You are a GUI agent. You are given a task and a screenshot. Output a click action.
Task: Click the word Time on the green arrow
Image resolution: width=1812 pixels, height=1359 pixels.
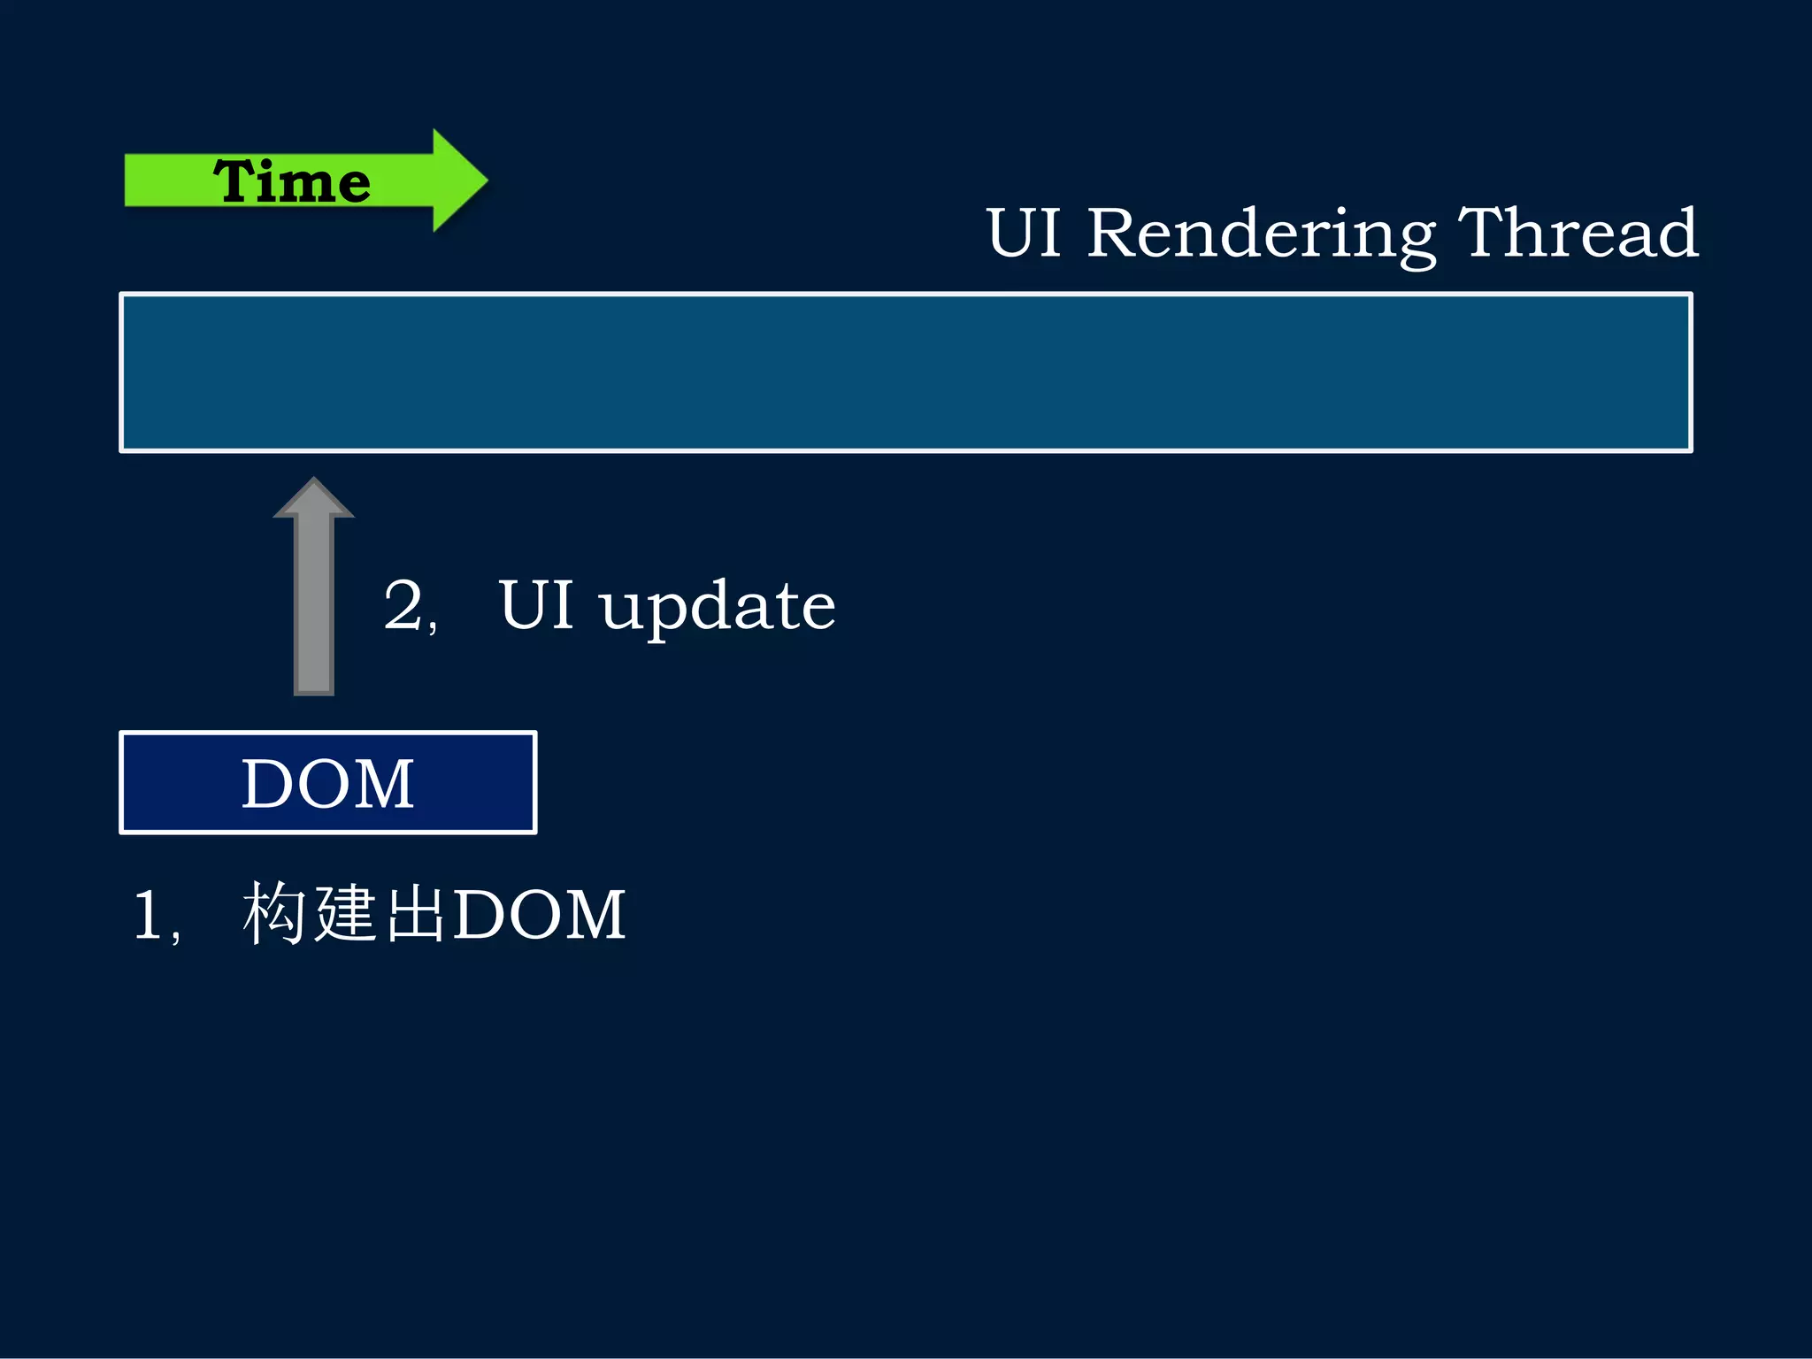tap(291, 181)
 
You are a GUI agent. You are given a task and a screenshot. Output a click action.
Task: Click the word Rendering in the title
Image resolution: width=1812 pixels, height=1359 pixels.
tap(1261, 234)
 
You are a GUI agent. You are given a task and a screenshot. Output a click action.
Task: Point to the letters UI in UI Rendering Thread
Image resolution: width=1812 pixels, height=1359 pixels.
tap(1024, 234)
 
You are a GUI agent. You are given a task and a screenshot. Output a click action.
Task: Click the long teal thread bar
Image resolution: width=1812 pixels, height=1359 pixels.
tap(905, 372)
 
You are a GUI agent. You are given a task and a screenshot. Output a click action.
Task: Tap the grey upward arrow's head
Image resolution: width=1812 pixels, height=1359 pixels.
tap(313, 497)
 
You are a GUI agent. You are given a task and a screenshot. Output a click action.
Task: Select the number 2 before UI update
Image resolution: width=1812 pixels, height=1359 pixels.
tap(403, 606)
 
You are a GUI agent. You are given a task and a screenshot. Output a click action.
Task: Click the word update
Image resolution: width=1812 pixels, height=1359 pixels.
tap(717, 609)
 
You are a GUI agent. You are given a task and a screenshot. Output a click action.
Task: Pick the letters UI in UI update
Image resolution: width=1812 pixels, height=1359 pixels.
tap(536, 605)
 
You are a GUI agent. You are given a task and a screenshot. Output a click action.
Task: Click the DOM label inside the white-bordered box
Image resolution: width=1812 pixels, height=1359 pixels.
tap(327, 784)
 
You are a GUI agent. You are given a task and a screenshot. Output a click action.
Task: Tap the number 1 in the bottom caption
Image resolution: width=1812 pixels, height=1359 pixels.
tap(148, 915)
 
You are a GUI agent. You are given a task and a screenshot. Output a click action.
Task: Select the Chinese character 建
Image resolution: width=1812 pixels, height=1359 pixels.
tap(347, 913)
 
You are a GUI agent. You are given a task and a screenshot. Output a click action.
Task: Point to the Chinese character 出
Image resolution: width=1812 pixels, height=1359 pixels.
tap(416, 913)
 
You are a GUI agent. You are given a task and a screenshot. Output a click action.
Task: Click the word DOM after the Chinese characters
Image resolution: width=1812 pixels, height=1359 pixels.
tap(539, 915)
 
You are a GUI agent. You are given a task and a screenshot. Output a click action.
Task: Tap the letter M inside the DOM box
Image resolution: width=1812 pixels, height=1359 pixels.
tap(382, 784)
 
